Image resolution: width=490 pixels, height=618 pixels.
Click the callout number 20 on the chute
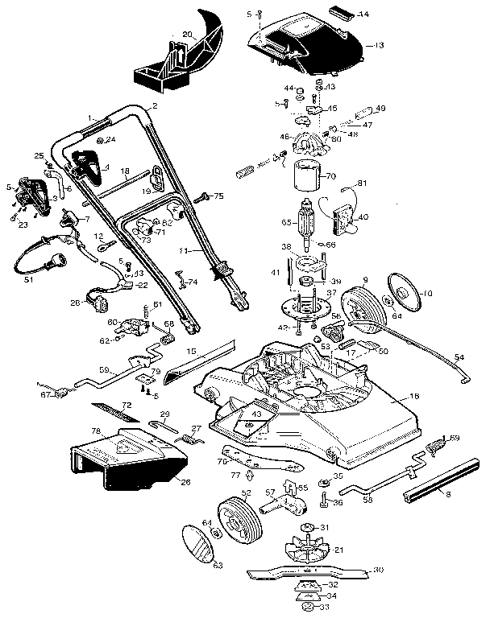click(x=187, y=35)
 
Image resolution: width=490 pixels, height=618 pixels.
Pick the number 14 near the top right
click(x=363, y=14)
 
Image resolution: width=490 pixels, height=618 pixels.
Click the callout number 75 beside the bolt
click(x=218, y=196)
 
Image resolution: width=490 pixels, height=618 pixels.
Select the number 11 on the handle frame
click(x=184, y=251)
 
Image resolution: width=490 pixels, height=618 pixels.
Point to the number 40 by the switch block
click(x=363, y=216)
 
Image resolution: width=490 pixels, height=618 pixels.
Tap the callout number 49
click(x=380, y=109)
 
